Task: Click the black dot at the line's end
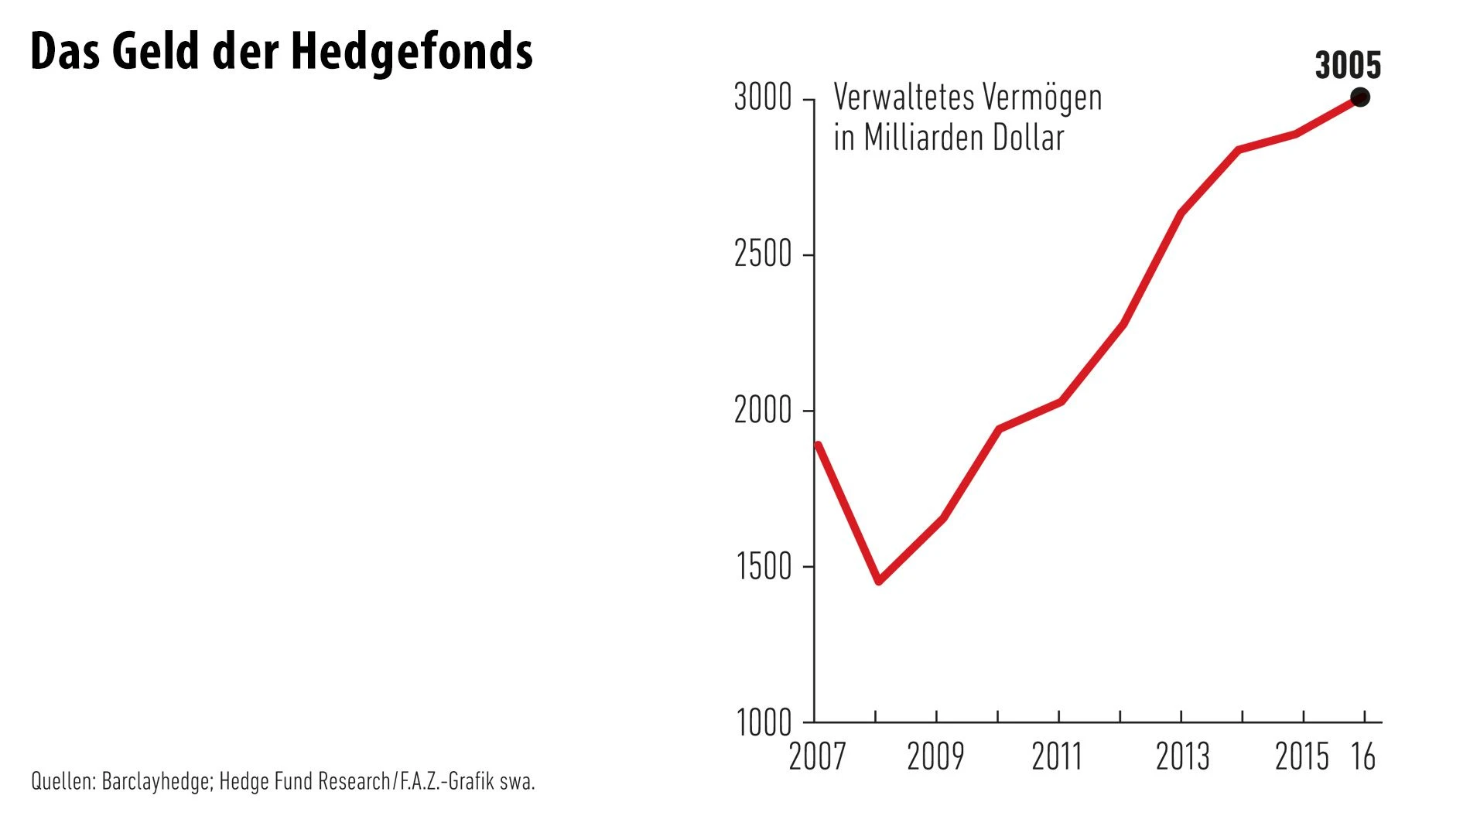click(x=1360, y=97)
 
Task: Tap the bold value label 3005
click(x=1348, y=66)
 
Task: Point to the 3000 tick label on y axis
click(x=763, y=98)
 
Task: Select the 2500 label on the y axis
click(x=763, y=254)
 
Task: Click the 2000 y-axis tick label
click(x=763, y=410)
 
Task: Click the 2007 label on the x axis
click(x=817, y=756)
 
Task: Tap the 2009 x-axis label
click(x=935, y=756)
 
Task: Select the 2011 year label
click(x=1057, y=756)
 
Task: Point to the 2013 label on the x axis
click(x=1182, y=756)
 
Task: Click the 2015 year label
click(x=1302, y=756)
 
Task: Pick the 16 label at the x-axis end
click(x=1363, y=756)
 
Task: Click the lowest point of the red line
click(x=879, y=580)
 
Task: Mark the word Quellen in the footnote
click(x=63, y=782)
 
